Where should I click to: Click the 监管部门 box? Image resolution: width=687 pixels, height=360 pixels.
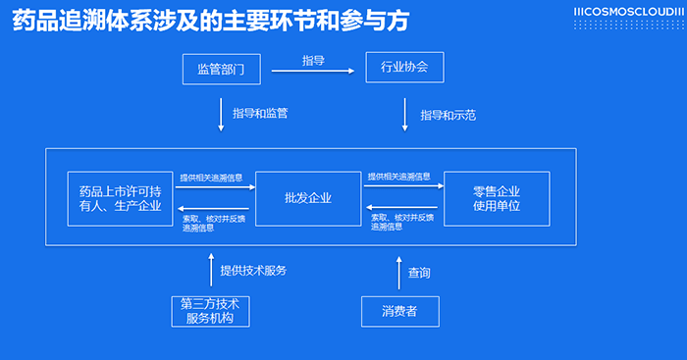coord(222,70)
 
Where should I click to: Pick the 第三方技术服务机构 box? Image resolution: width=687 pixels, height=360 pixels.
coord(210,311)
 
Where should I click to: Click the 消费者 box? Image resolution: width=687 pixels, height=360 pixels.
coord(399,311)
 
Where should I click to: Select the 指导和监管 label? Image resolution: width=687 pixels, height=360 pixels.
coord(260,114)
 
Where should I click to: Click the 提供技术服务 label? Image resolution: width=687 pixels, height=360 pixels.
coord(253,270)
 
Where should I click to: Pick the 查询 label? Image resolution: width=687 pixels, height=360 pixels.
coord(419,272)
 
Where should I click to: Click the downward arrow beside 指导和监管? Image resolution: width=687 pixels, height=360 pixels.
coord(221,115)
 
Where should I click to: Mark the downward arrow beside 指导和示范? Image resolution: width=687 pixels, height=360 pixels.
coord(404,115)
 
